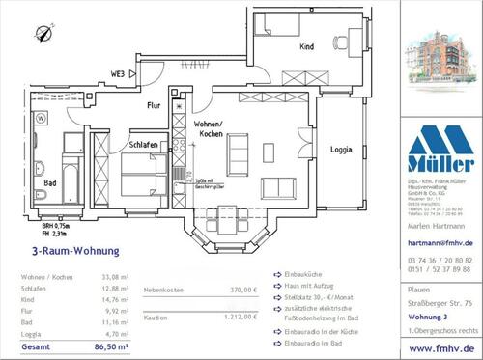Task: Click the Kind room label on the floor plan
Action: [306, 46]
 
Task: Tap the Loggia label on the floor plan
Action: [341, 150]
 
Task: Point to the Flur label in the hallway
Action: [154, 107]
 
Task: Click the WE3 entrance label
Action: [118, 73]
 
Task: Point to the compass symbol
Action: [43, 35]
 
